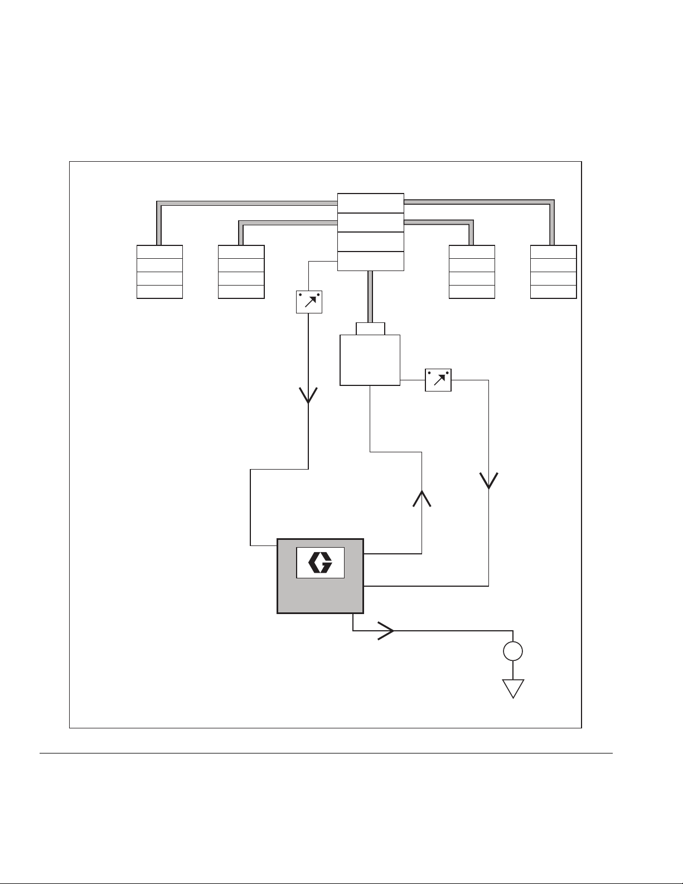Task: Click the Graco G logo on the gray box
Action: coord(321,563)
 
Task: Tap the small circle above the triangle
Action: coord(513,651)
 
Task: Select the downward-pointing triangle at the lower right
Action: coord(513,688)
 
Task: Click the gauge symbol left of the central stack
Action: coord(309,302)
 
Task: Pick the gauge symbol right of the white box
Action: coord(438,380)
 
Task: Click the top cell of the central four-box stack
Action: coord(371,203)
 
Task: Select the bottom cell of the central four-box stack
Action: coord(371,261)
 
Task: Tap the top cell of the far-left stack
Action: coord(159,252)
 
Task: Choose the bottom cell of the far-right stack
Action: coord(553,292)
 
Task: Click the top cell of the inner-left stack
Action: coord(241,252)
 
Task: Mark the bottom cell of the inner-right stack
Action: coord(472,292)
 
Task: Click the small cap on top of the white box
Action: coord(370,329)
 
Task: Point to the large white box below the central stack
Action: coord(370,360)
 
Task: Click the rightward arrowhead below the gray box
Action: coord(387,631)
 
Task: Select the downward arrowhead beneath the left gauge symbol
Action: coord(309,395)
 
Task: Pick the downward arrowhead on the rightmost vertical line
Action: coord(489,481)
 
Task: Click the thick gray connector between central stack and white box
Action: coord(370,296)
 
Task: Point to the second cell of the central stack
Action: coord(371,222)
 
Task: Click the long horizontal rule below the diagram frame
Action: coord(326,753)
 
